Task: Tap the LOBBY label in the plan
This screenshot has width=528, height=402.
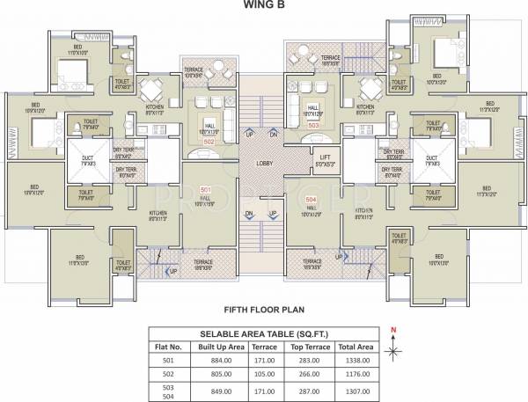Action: pos(261,163)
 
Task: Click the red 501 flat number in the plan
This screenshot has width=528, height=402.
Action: pos(206,190)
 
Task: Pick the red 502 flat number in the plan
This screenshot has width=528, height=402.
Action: pos(209,141)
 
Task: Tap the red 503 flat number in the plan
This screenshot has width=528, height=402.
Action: pos(314,125)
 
